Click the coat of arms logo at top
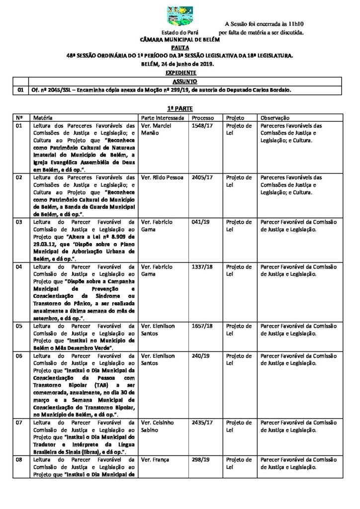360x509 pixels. click(180, 16)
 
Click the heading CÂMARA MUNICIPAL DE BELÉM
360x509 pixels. click(180, 39)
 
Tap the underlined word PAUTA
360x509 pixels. click(180, 47)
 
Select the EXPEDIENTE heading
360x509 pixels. click(180, 73)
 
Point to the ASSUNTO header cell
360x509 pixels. click(184, 81)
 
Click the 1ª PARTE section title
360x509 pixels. click(180, 108)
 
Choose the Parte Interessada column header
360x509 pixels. click(163, 118)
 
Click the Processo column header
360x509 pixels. click(203, 118)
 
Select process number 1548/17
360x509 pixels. click(201, 126)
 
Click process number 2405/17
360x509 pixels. click(201, 177)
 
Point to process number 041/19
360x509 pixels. click(199, 222)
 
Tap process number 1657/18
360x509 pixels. click(201, 325)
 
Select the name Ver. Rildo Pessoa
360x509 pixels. click(163, 177)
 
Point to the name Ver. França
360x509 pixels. click(154, 460)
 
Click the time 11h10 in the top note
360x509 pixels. click(293, 23)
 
